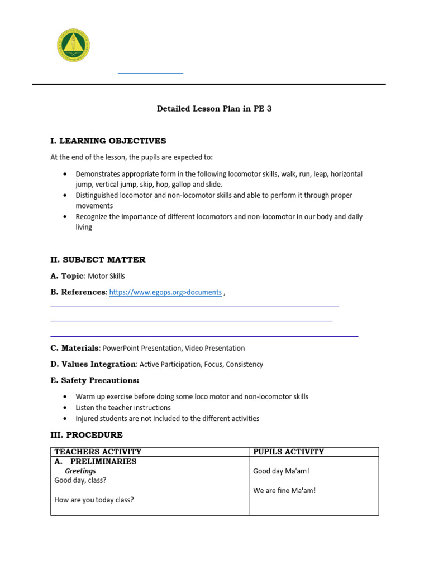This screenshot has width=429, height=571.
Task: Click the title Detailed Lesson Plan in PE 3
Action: [214, 109]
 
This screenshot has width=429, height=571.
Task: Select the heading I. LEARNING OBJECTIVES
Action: [108, 141]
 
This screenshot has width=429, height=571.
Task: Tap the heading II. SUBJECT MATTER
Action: [98, 259]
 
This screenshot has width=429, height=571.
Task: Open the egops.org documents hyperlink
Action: [165, 292]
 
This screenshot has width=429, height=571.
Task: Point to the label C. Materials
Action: [74, 348]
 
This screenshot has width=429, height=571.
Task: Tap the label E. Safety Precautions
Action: [94, 380]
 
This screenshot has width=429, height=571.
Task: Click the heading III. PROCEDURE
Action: [87, 434]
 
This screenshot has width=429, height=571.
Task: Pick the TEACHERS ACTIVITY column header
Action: [98, 452]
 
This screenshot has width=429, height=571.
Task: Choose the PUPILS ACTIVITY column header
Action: [288, 452]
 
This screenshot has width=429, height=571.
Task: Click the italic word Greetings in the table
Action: [80, 471]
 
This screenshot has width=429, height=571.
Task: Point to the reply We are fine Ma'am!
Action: [284, 491]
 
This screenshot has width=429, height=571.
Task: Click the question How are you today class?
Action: [94, 500]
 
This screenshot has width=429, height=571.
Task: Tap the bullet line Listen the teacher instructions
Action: [123, 408]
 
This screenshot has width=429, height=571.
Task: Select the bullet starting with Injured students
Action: [167, 418]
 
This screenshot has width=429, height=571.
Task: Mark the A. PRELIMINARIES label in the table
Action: [95, 462]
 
